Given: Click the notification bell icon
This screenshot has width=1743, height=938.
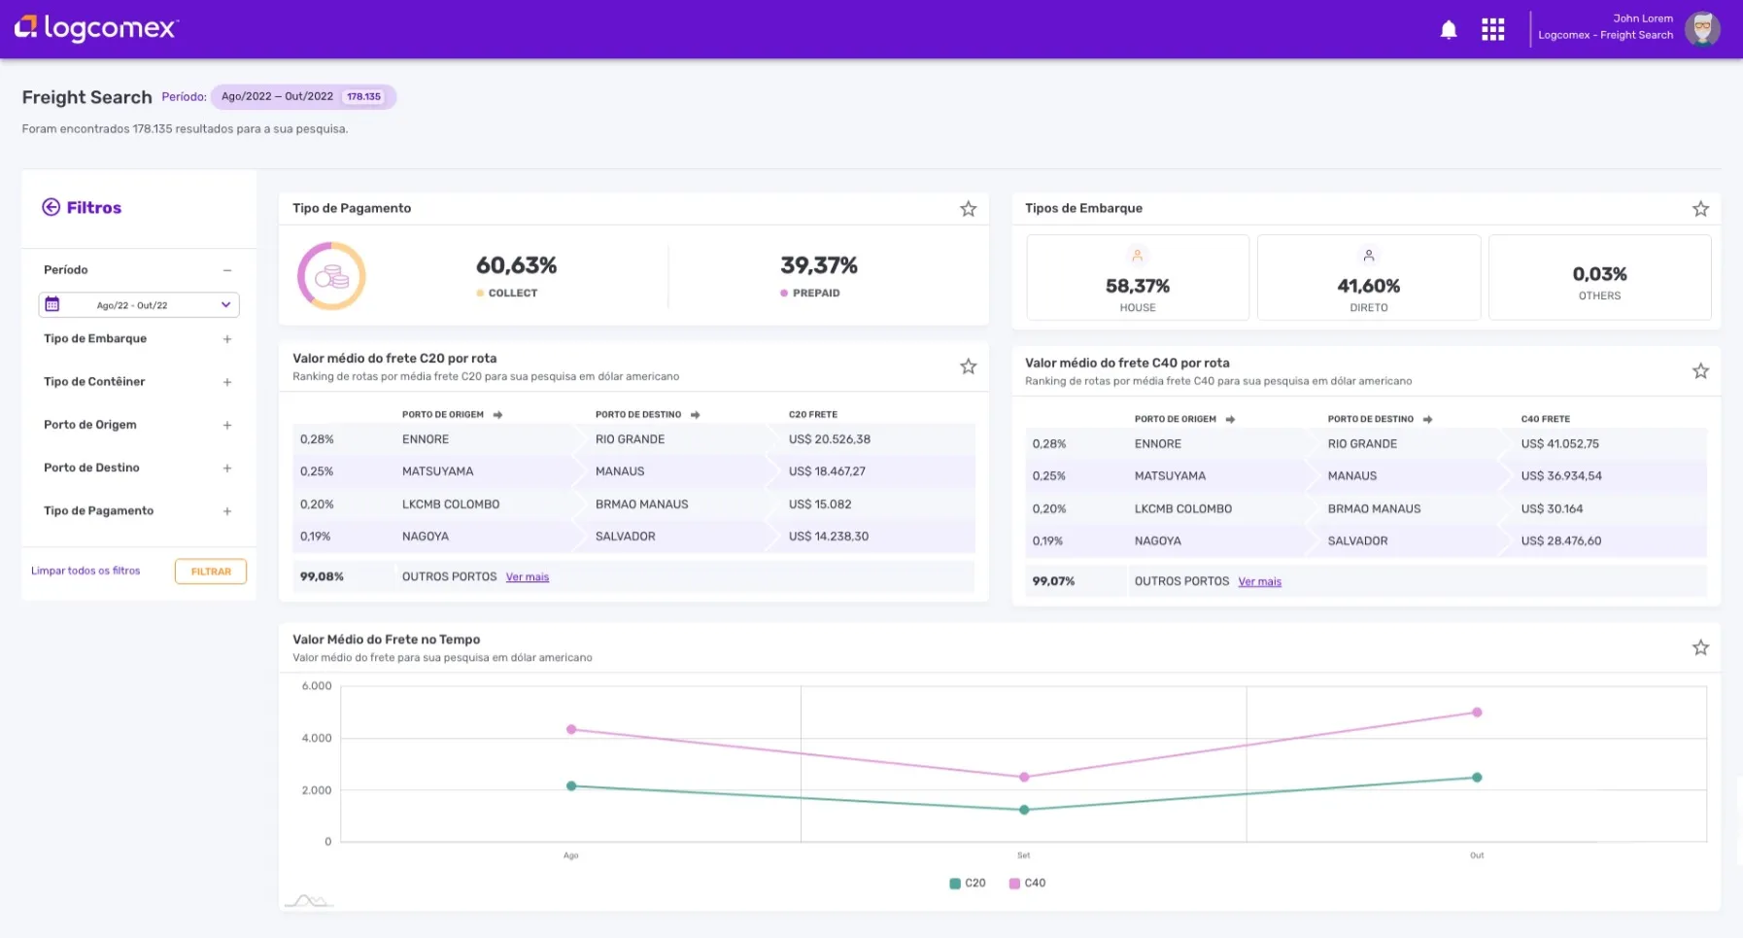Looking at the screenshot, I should click(x=1448, y=30).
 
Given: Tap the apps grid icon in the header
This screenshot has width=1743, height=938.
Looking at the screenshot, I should click(x=1492, y=30).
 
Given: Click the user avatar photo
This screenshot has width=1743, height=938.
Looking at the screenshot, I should click(x=1701, y=29).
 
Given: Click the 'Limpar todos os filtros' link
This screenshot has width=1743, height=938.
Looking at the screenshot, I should click(x=85, y=571).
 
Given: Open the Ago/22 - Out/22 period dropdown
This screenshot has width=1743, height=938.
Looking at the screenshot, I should click(x=139, y=305).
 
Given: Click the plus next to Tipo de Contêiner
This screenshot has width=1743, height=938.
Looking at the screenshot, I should click(x=227, y=382).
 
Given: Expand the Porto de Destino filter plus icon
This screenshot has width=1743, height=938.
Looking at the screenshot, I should click(x=227, y=469).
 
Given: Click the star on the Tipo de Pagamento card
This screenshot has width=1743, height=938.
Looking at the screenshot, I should click(x=968, y=209).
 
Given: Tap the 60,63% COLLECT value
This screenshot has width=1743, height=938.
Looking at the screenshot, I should click(x=516, y=265).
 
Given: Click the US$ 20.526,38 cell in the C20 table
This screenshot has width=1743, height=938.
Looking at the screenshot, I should click(x=829, y=439).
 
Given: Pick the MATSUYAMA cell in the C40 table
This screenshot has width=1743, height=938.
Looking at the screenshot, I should click(x=1170, y=476).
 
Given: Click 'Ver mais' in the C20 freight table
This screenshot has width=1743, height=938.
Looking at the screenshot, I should click(x=528, y=577).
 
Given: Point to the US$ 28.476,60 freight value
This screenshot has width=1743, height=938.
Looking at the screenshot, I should click(x=1560, y=541).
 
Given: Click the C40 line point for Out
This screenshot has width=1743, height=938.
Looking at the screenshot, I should click(x=1477, y=712).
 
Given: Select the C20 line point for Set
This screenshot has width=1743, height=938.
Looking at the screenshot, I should click(x=1024, y=810).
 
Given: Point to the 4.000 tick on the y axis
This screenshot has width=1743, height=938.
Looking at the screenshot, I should click(x=317, y=738).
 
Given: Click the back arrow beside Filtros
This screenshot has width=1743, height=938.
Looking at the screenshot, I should click(x=51, y=207).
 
